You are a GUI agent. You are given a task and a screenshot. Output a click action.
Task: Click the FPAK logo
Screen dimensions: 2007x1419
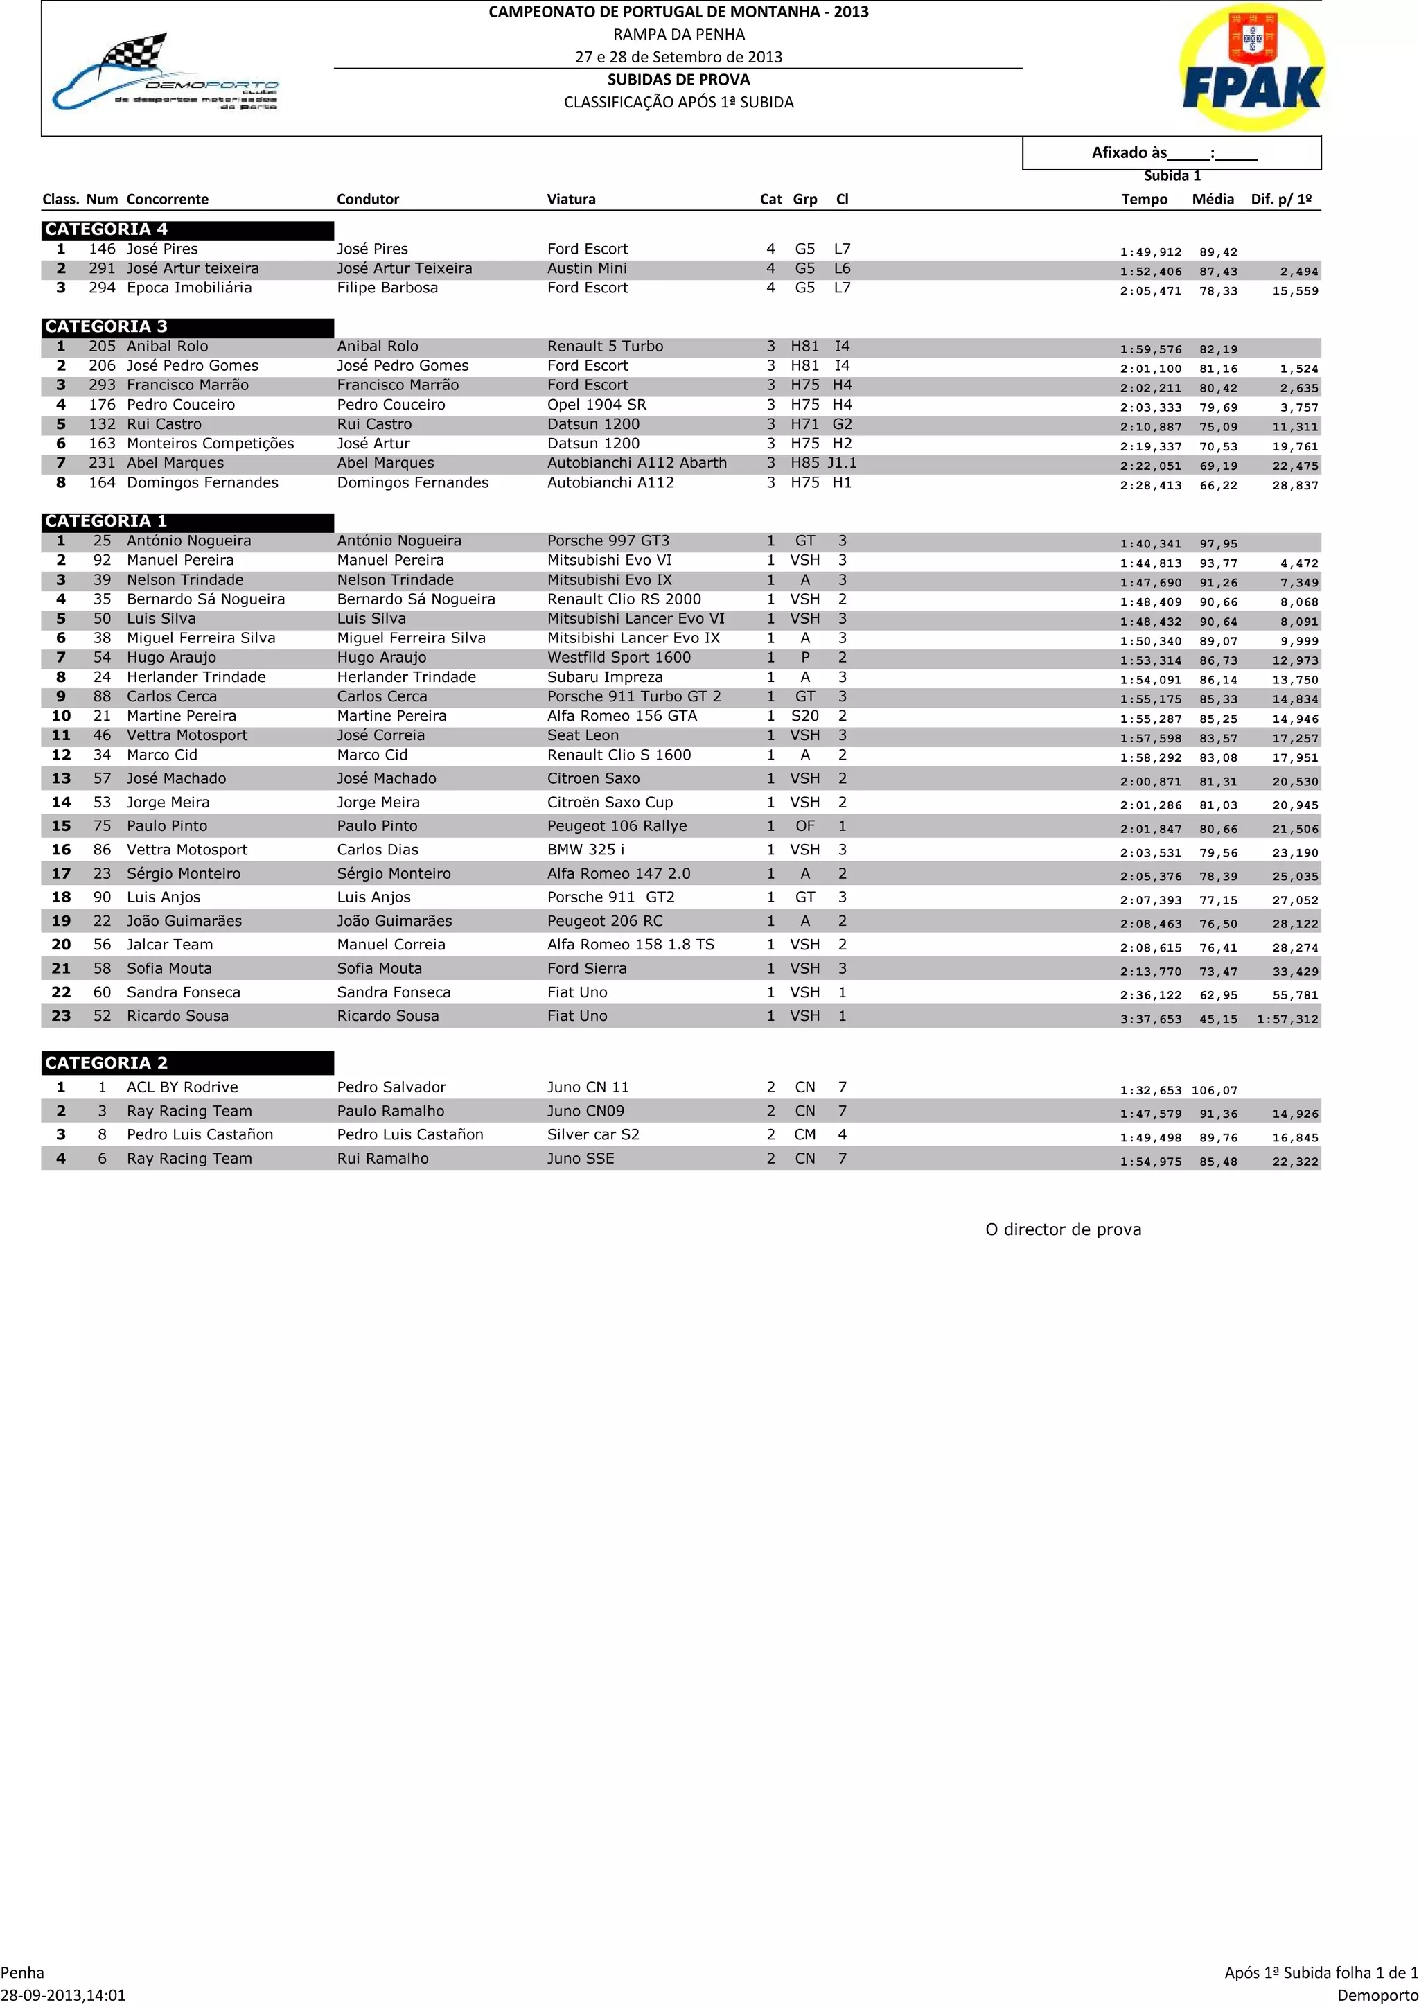point(1251,68)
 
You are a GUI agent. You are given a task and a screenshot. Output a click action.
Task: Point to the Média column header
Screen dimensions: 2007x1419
point(1213,200)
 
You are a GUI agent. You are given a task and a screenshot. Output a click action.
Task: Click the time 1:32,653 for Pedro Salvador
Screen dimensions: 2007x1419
point(1150,1090)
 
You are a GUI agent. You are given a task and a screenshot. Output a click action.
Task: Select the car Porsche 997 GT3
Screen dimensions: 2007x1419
point(608,541)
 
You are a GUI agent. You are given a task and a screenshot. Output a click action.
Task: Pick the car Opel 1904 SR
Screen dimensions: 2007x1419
point(597,405)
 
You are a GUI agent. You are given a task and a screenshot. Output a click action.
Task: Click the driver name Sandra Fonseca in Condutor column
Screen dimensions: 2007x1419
point(394,992)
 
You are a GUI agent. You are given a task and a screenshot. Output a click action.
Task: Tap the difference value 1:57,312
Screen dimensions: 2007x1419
point(1287,1019)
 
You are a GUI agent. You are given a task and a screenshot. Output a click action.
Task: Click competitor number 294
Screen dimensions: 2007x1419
point(103,288)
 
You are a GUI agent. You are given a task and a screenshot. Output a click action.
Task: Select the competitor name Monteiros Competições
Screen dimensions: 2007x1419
point(211,444)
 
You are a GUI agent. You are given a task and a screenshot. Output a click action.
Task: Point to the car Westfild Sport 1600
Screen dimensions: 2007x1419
point(619,658)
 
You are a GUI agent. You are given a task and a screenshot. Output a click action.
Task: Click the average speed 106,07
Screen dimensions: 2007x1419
point(1215,1090)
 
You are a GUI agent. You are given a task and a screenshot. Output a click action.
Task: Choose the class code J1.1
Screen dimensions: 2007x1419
point(843,464)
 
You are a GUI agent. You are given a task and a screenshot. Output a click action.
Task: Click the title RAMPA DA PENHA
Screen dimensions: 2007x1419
point(679,35)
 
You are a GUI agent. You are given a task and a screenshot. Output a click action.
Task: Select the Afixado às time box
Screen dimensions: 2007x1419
point(1172,153)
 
